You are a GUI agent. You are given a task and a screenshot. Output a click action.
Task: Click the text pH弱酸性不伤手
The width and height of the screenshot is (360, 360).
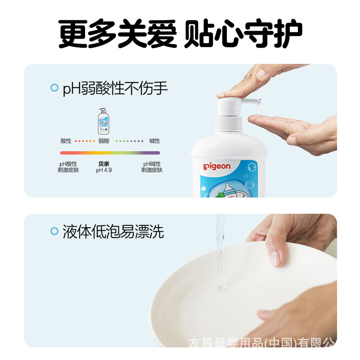[x=115, y=88]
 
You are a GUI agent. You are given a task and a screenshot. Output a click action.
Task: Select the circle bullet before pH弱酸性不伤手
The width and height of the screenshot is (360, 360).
[x=54, y=88]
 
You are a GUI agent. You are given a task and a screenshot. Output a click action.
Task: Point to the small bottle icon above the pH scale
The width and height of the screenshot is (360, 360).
[x=103, y=121]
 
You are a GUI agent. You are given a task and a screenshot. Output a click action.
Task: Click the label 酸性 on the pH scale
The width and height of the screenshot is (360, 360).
[x=66, y=141]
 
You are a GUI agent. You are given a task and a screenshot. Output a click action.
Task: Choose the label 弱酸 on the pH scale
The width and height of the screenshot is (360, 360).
[x=103, y=141]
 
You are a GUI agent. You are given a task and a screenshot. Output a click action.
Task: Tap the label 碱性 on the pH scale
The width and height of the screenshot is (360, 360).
[x=154, y=141]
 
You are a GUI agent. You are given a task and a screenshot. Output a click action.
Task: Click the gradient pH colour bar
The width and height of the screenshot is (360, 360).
[x=110, y=153]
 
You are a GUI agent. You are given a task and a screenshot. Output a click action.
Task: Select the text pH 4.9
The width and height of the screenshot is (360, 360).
[x=103, y=170]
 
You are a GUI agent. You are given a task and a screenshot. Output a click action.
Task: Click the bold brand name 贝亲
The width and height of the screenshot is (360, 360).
[x=103, y=164]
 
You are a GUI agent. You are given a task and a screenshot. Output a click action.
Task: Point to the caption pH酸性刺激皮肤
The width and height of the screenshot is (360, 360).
[x=68, y=167]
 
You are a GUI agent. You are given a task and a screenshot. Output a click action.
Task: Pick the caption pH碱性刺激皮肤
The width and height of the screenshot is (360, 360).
[x=152, y=167]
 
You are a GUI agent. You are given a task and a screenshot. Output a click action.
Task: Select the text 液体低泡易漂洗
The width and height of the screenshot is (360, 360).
[x=113, y=231]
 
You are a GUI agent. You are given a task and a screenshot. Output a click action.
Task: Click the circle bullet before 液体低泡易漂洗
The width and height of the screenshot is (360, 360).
[x=54, y=231]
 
